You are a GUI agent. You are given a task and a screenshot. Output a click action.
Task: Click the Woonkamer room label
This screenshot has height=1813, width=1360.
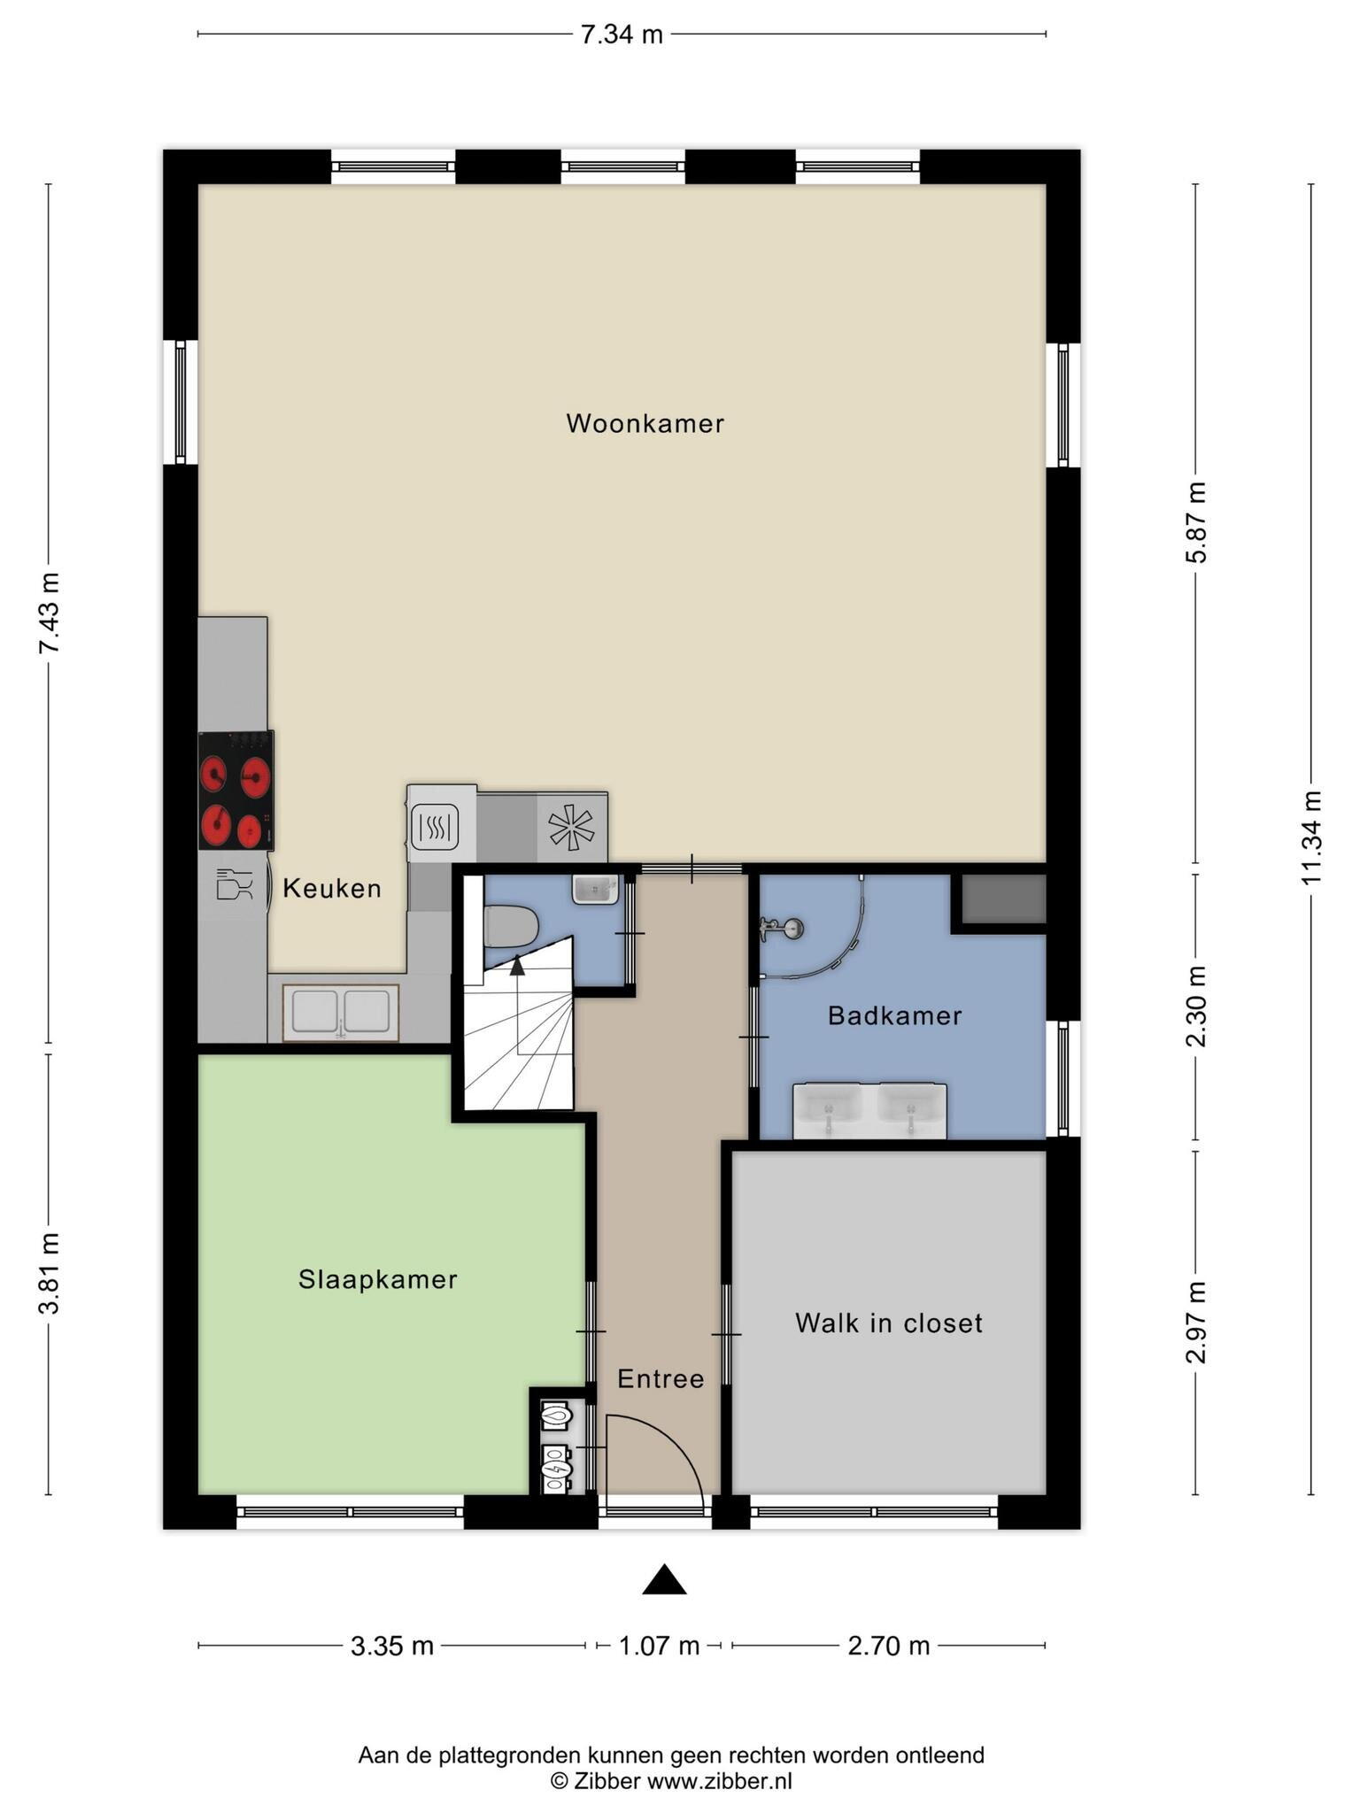[x=645, y=423]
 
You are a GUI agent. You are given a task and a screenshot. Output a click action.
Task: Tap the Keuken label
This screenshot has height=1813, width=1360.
[x=332, y=888]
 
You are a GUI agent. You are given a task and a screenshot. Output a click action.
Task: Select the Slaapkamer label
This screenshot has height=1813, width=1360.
[x=378, y=1279]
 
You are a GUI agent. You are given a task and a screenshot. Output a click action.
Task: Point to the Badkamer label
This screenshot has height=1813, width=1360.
[x=894, y=1015]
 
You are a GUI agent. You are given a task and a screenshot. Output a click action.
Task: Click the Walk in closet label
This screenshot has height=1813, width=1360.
[x=889, y=1323]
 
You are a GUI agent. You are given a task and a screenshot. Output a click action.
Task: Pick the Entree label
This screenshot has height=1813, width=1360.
[x=661, y=1378]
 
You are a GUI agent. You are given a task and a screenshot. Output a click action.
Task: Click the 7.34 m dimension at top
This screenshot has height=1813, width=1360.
[x=622, y=35]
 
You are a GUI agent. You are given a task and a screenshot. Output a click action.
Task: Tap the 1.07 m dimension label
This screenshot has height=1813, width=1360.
[x=659, y=1646]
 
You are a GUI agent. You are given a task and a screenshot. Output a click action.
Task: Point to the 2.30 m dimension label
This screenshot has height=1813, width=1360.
[x=1196, y=1006]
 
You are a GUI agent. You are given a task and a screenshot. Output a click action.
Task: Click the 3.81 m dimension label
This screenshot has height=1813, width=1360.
[x=49, y=1273]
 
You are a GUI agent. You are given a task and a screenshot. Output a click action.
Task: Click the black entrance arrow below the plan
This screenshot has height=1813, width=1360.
[x=664, y=1579]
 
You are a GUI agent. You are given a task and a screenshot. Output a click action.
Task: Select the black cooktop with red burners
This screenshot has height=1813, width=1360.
[x=236, y=790]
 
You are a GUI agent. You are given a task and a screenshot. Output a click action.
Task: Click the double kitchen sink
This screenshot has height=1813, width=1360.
[x=341, y=1013]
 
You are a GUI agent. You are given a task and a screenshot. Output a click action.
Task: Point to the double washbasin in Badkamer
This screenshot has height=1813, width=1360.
[x=869, y=1111]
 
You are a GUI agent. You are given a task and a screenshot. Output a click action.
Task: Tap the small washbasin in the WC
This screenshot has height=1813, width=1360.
[x=595, y=889]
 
